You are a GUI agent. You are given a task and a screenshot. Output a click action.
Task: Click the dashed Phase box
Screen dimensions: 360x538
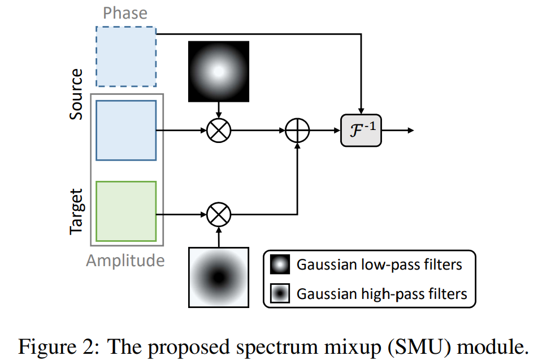pyautogui.click(x=126, y=57)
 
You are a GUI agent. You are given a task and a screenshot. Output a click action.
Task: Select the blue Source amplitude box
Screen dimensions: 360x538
pyautogui.click(x=126, y=131)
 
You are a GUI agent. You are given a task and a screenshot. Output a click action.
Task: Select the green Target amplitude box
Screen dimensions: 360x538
pyautogui.click(x=126, y=211)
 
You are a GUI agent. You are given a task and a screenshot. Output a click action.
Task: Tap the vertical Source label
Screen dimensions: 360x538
pyautogui.click(x=76, y=94)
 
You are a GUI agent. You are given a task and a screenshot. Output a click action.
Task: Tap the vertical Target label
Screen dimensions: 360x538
pyautogui.click(x=76, y=211)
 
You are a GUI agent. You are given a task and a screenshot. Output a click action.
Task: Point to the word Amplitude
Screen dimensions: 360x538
pyautogui.click(x=125, y=261)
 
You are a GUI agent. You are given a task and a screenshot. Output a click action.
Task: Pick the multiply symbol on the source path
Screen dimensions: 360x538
pyautogui.click(x=218, y=131)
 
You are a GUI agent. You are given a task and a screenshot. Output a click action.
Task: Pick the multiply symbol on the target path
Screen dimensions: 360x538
pyautogui.click(x=218, y=215)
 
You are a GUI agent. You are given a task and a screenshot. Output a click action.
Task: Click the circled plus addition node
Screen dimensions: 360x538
pyautogui.click(x=296, y=131)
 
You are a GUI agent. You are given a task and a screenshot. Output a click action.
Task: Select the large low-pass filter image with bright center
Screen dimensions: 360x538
pyautogui.click(x=219, y=71)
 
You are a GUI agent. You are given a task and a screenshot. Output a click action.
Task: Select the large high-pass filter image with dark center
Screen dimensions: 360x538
pyautogui.click(x=219, y=277)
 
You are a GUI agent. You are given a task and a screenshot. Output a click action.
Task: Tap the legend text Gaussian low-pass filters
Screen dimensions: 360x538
pyautogui.click(x=380, y=264)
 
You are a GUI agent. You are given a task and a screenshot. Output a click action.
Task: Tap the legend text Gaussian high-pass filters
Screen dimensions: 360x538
pyautogui.click(x=382, y=294)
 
